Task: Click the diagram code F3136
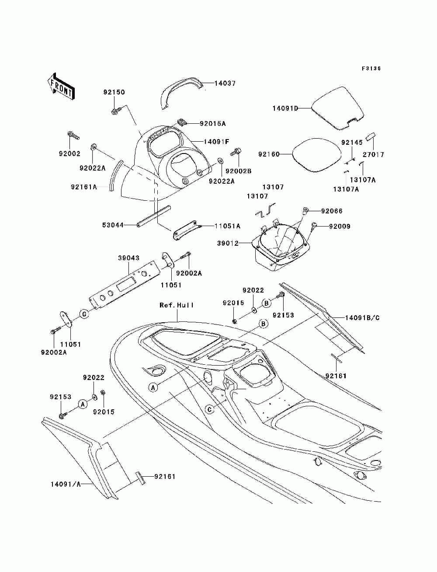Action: point(371,69)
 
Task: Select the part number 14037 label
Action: point(225,84)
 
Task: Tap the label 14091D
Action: point(285,108)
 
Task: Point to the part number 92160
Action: point(269,154)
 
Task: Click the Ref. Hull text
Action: point(177,305)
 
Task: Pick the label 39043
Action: point(128,258)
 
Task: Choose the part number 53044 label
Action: point(113,225)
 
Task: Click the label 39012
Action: point(228,243)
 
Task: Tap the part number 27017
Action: point(374,155)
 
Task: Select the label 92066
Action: point(332,211)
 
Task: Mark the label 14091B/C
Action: point(362,318)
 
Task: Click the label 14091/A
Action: point(66,484)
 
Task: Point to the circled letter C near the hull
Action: point(209,409)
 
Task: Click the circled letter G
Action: point(84,314)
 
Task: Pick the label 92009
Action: point(340,226)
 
